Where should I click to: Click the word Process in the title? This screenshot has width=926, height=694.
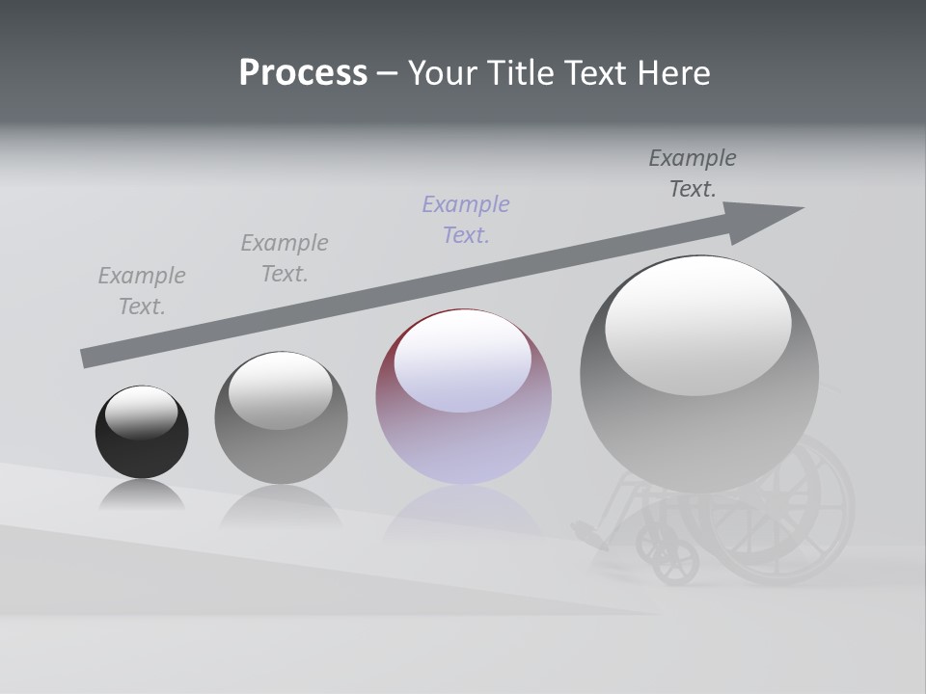click(x=303, y=73)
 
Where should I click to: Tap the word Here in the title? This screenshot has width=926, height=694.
click(x=673, y=73)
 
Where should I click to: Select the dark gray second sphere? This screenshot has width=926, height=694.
click(x=281, y=439)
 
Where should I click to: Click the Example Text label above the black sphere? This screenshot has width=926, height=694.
click(x=142, y=291)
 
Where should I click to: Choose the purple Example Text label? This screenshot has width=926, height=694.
click(x=466, y=220)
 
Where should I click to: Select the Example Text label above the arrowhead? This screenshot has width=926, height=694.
click(x=693, y=173)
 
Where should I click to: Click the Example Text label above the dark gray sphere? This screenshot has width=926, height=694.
click(x=285, y=258)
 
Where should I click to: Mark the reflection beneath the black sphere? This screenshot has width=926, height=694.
click(x=142, y=495)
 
